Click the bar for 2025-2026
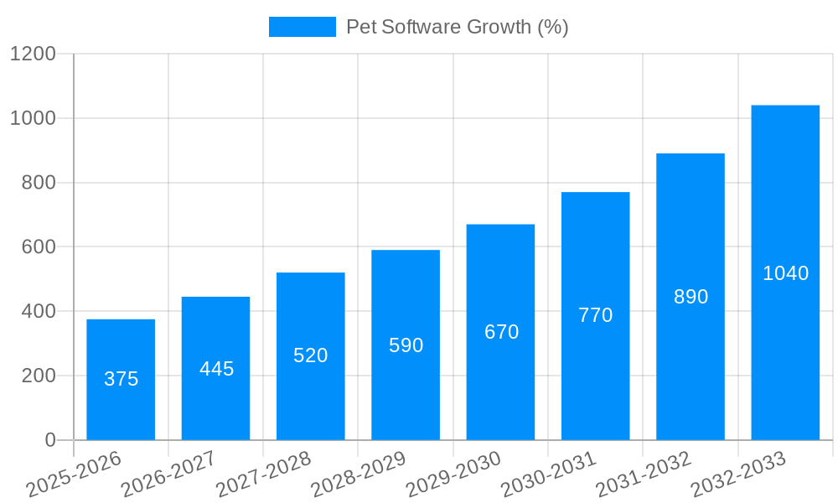click(121, 379)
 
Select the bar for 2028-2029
click(406, 345)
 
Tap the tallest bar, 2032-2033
click(785, 272)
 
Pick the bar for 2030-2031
click(595, 316)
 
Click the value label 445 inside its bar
click(216, 369)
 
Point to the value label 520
click(311, 355)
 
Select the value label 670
click(501, 332)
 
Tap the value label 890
click(691, 297)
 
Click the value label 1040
click(785, 273)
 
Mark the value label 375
click(121, 379)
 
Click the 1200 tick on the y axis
click(33, 54)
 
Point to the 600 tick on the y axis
click(39, 247)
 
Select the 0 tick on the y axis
click(49, 440)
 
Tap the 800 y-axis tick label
click(39, 183)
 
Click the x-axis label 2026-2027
click(168, 474)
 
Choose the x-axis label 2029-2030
click(453, 474)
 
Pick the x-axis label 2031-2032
click(644, 474)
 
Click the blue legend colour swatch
click(302, 27)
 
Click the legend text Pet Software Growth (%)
click(458, 27)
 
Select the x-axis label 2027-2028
click(263, 474)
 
